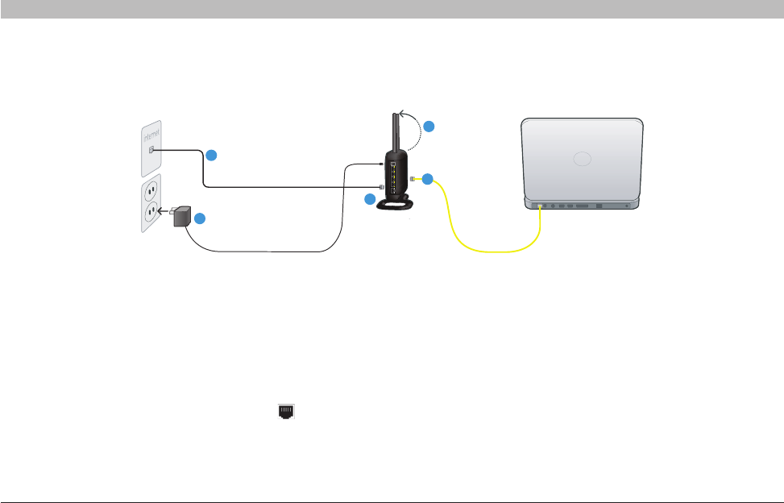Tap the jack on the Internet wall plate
click(151, 150)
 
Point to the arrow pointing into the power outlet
click(162, 212)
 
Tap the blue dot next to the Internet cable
click(210, 154)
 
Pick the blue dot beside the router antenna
click(430, 127)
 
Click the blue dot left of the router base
click(370, 199)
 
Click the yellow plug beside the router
click(413, 178)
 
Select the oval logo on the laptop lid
click(583, 158)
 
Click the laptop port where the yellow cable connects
click(538, 206)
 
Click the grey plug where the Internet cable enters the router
click(382, 187)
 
